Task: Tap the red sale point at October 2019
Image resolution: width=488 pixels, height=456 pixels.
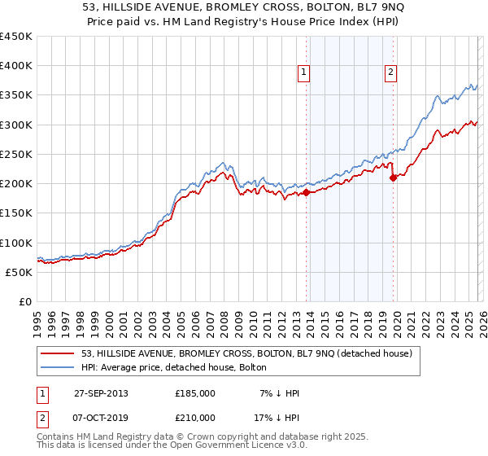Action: pos(393,178)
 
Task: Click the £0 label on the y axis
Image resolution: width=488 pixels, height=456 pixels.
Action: pos(25,301)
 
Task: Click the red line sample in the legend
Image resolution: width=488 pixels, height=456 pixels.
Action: pos(58,353)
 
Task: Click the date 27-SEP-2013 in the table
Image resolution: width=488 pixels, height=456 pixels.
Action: pos(102,393)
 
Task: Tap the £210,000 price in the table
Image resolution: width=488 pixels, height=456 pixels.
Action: pos(195,417)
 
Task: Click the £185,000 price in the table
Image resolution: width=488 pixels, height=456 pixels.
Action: pos(195,393)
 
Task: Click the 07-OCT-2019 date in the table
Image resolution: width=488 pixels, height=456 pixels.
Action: pos(102,417)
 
